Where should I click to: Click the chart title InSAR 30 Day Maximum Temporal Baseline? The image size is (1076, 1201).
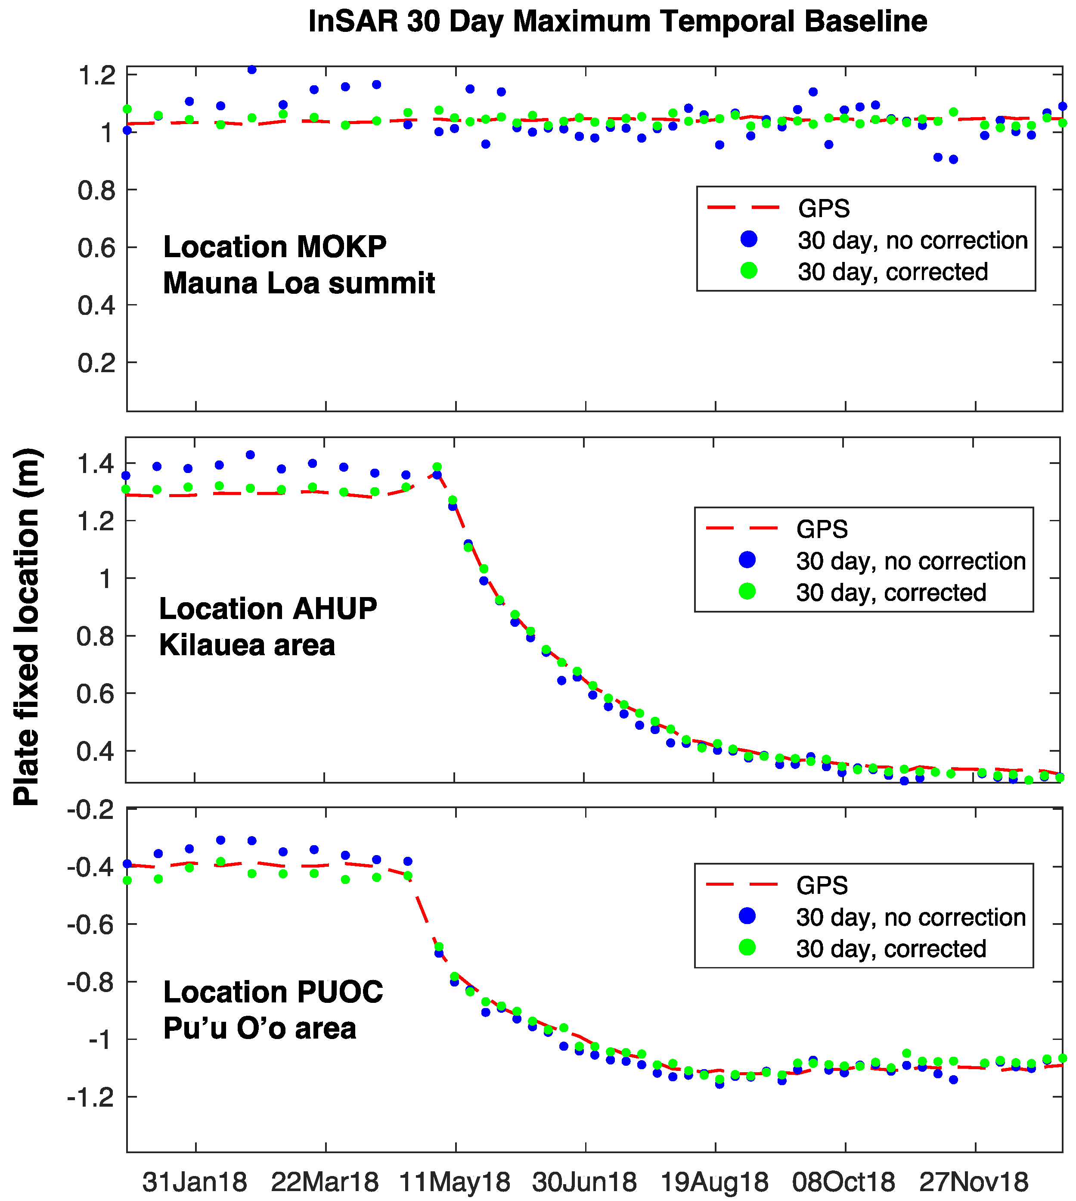617,22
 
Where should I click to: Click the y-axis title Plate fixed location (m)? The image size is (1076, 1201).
27,627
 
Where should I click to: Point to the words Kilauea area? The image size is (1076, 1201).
247,644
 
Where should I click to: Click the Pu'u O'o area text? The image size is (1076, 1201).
260,1028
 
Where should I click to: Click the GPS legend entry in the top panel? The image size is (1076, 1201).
824,208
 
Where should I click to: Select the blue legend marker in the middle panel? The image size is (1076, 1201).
747,560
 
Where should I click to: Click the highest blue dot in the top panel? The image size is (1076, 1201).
252,69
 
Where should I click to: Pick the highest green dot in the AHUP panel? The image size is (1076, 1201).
437,467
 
